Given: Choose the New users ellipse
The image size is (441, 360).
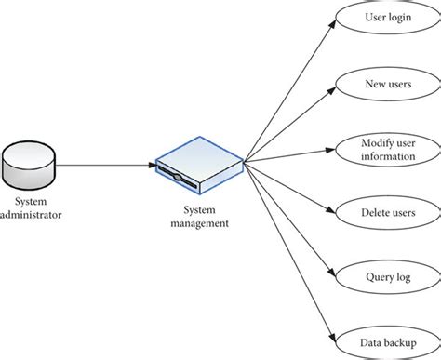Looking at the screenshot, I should [x=387, y=83].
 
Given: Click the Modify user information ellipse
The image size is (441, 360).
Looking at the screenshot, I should [x=387, y=148].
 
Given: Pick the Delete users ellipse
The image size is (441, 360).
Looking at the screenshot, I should [x=387, y=212].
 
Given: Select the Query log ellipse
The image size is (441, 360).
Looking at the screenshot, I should [x=387, y=276].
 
